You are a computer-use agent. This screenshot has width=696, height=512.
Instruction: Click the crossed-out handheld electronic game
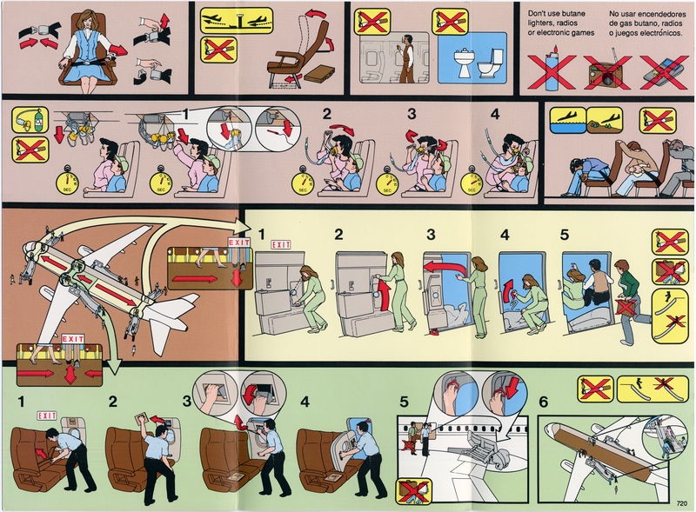pyautogui.click(x=658, y=66)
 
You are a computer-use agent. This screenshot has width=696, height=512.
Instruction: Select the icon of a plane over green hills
pyautogui.click(x=604, y=120)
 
